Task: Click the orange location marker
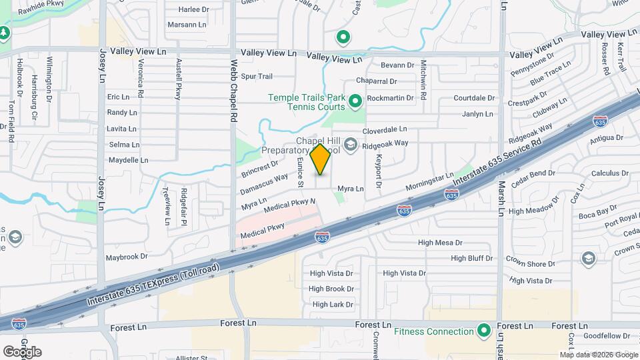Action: tap(321, 159)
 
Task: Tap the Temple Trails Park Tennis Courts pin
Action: tap(355, 102)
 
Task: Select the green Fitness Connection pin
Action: tap(485, 331)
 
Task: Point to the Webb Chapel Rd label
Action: tap(234, 91)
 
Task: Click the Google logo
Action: tap(22, 351)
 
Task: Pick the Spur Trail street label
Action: tap(257, 77)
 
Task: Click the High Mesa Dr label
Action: tap(440, 243)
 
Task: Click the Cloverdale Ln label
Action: tap(385, 129)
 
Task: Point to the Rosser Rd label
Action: tap(605, 58)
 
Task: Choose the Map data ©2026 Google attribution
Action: tap(598, 355)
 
